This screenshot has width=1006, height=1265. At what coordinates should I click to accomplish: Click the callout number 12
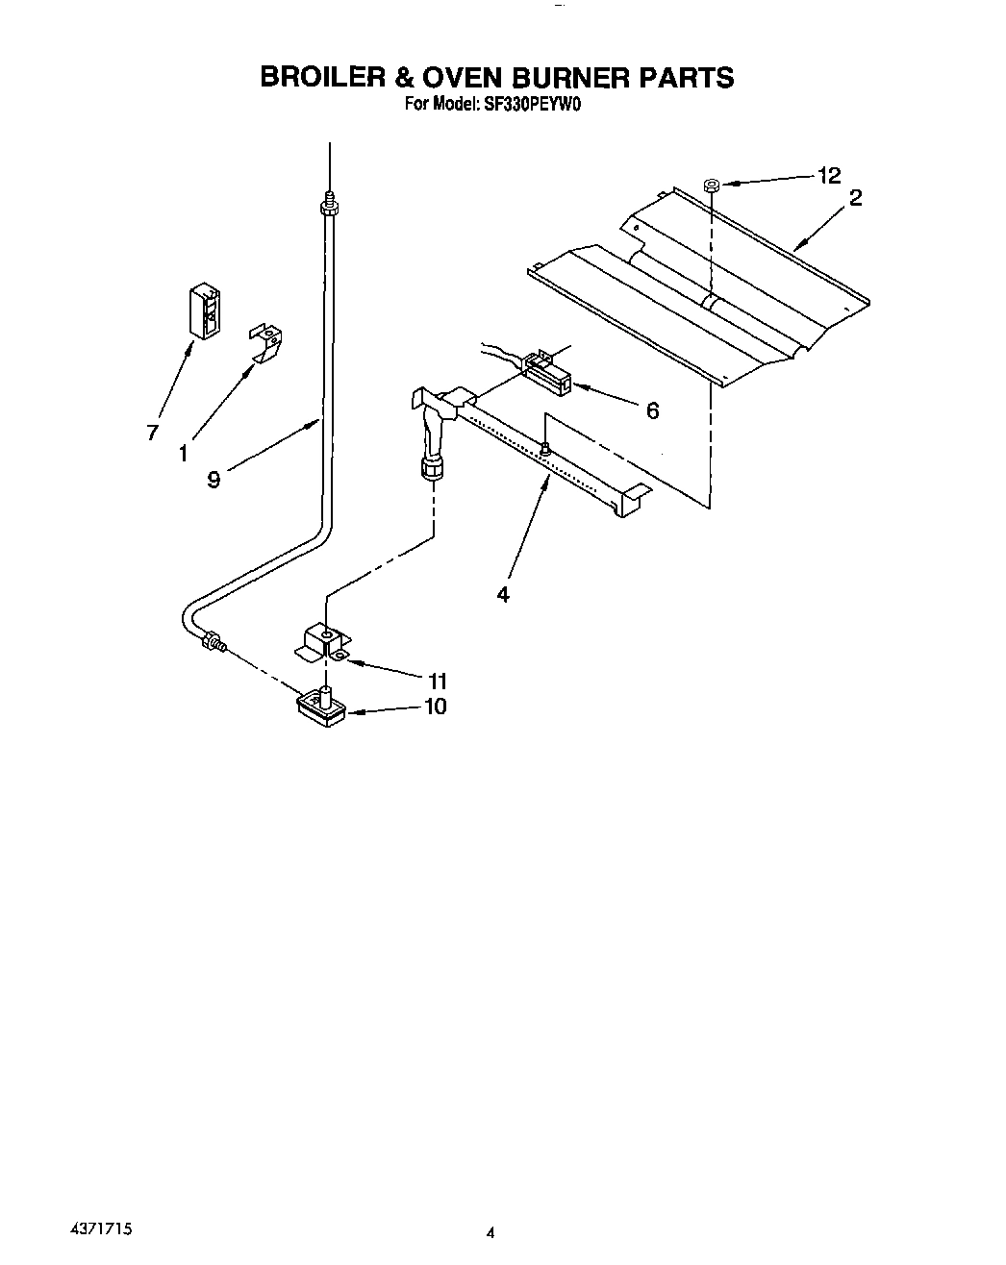point(828,175)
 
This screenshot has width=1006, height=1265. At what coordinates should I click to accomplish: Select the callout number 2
point(855,199)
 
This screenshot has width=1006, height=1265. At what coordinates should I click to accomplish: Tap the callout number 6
point(652,411)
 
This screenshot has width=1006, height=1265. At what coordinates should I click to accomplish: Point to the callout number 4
point(502,594)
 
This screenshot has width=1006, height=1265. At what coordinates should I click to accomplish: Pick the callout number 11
point(437,682)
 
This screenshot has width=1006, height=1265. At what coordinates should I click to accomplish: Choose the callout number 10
point(435,707)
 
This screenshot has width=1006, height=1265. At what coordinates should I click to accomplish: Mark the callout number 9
point(214,479)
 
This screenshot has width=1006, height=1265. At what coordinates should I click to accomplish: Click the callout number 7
point(152,434)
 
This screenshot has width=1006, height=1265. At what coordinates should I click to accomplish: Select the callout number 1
point(183,452)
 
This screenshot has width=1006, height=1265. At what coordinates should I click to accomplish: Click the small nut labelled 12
point(712,184)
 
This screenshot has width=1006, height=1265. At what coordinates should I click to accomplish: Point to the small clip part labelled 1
point(265,342)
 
